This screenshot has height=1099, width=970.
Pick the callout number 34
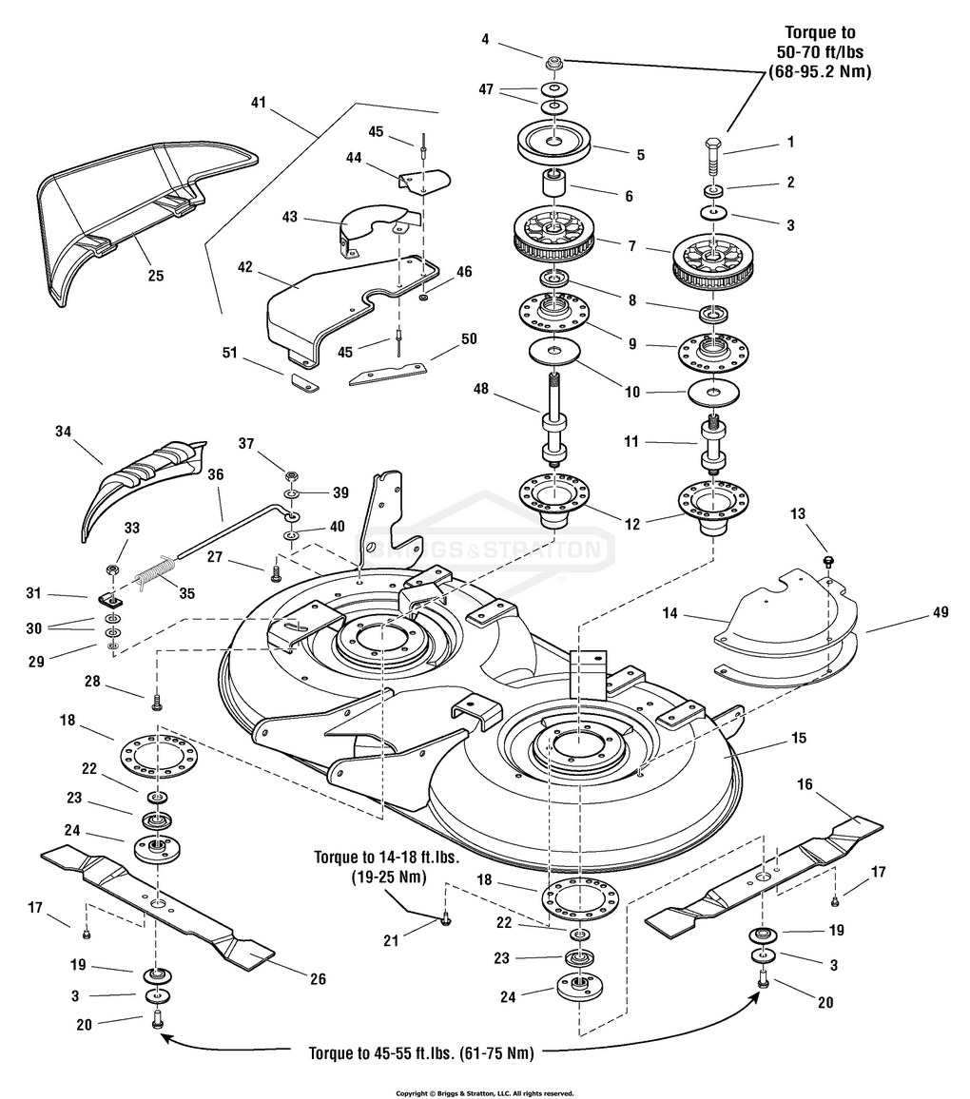(64, 432)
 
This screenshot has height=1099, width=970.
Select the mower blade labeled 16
(766, 874)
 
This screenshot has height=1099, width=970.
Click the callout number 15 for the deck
(799, 738)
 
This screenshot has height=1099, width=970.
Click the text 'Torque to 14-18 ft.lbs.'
(387, 857)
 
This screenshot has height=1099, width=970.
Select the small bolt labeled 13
(828, 559)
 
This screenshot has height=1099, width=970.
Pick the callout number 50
(468, 339)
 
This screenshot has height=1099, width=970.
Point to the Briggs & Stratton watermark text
(485, 550)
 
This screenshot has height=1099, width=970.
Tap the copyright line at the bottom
(484, 1093)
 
